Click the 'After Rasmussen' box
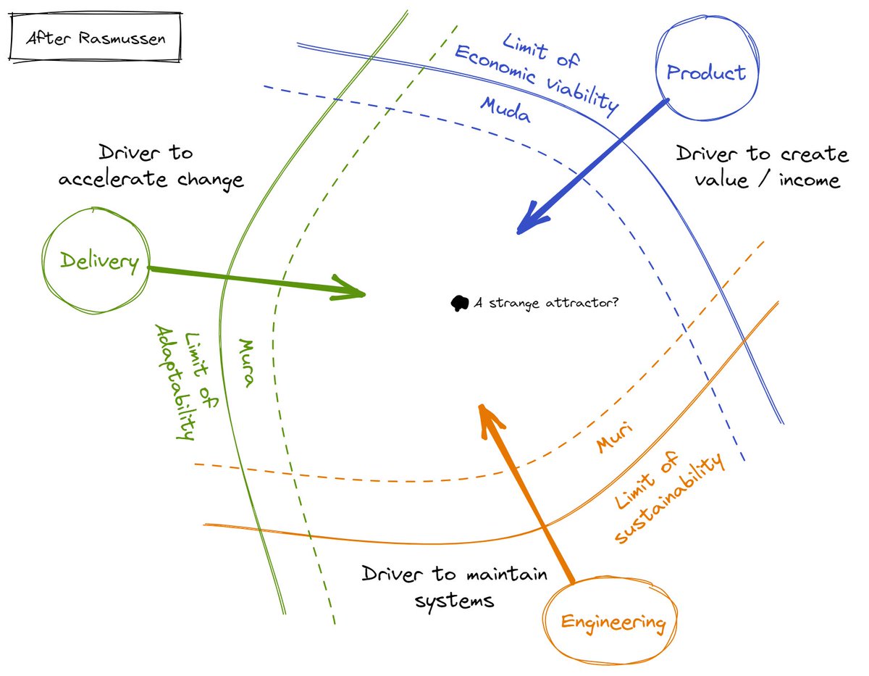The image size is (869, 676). coord(95,37)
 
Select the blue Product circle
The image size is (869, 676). coord(705,72)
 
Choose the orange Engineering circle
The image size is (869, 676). coord(613,621)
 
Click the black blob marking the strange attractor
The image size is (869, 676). coord(459,304)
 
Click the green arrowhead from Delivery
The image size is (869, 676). coord(353,291)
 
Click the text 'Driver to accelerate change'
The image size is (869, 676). coord(151,166)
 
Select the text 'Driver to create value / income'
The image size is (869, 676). coord(760,166)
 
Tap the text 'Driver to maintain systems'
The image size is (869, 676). coord(454,587)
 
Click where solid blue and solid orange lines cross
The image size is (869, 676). coord(745,338)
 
